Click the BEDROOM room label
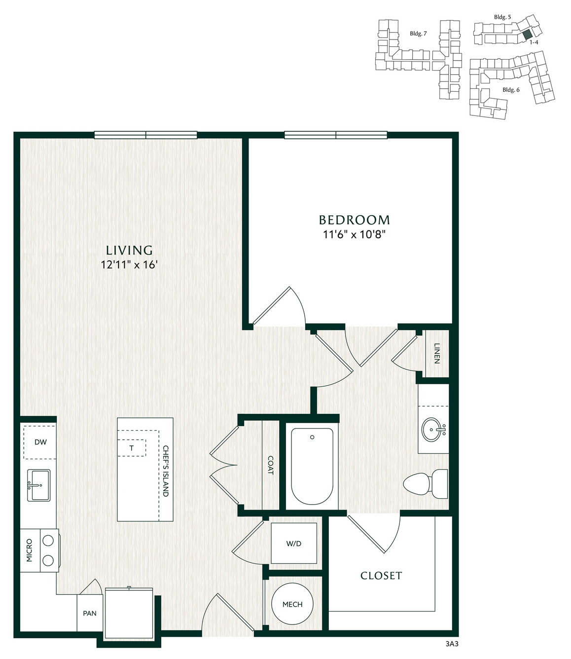[355, 220]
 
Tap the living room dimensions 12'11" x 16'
[129, 264]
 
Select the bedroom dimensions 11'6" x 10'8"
[355, 235]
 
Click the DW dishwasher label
[40, 442]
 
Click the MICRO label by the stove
[29, 550]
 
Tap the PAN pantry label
[90, 614]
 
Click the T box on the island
[132, 448]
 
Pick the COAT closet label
[271, 465]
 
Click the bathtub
[312, 467]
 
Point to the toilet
[426, 484]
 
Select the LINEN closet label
[437, 353]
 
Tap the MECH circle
[292, 604]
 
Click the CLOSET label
[381, 576]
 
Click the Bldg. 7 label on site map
[418, 34]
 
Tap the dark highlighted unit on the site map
[528, 34]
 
